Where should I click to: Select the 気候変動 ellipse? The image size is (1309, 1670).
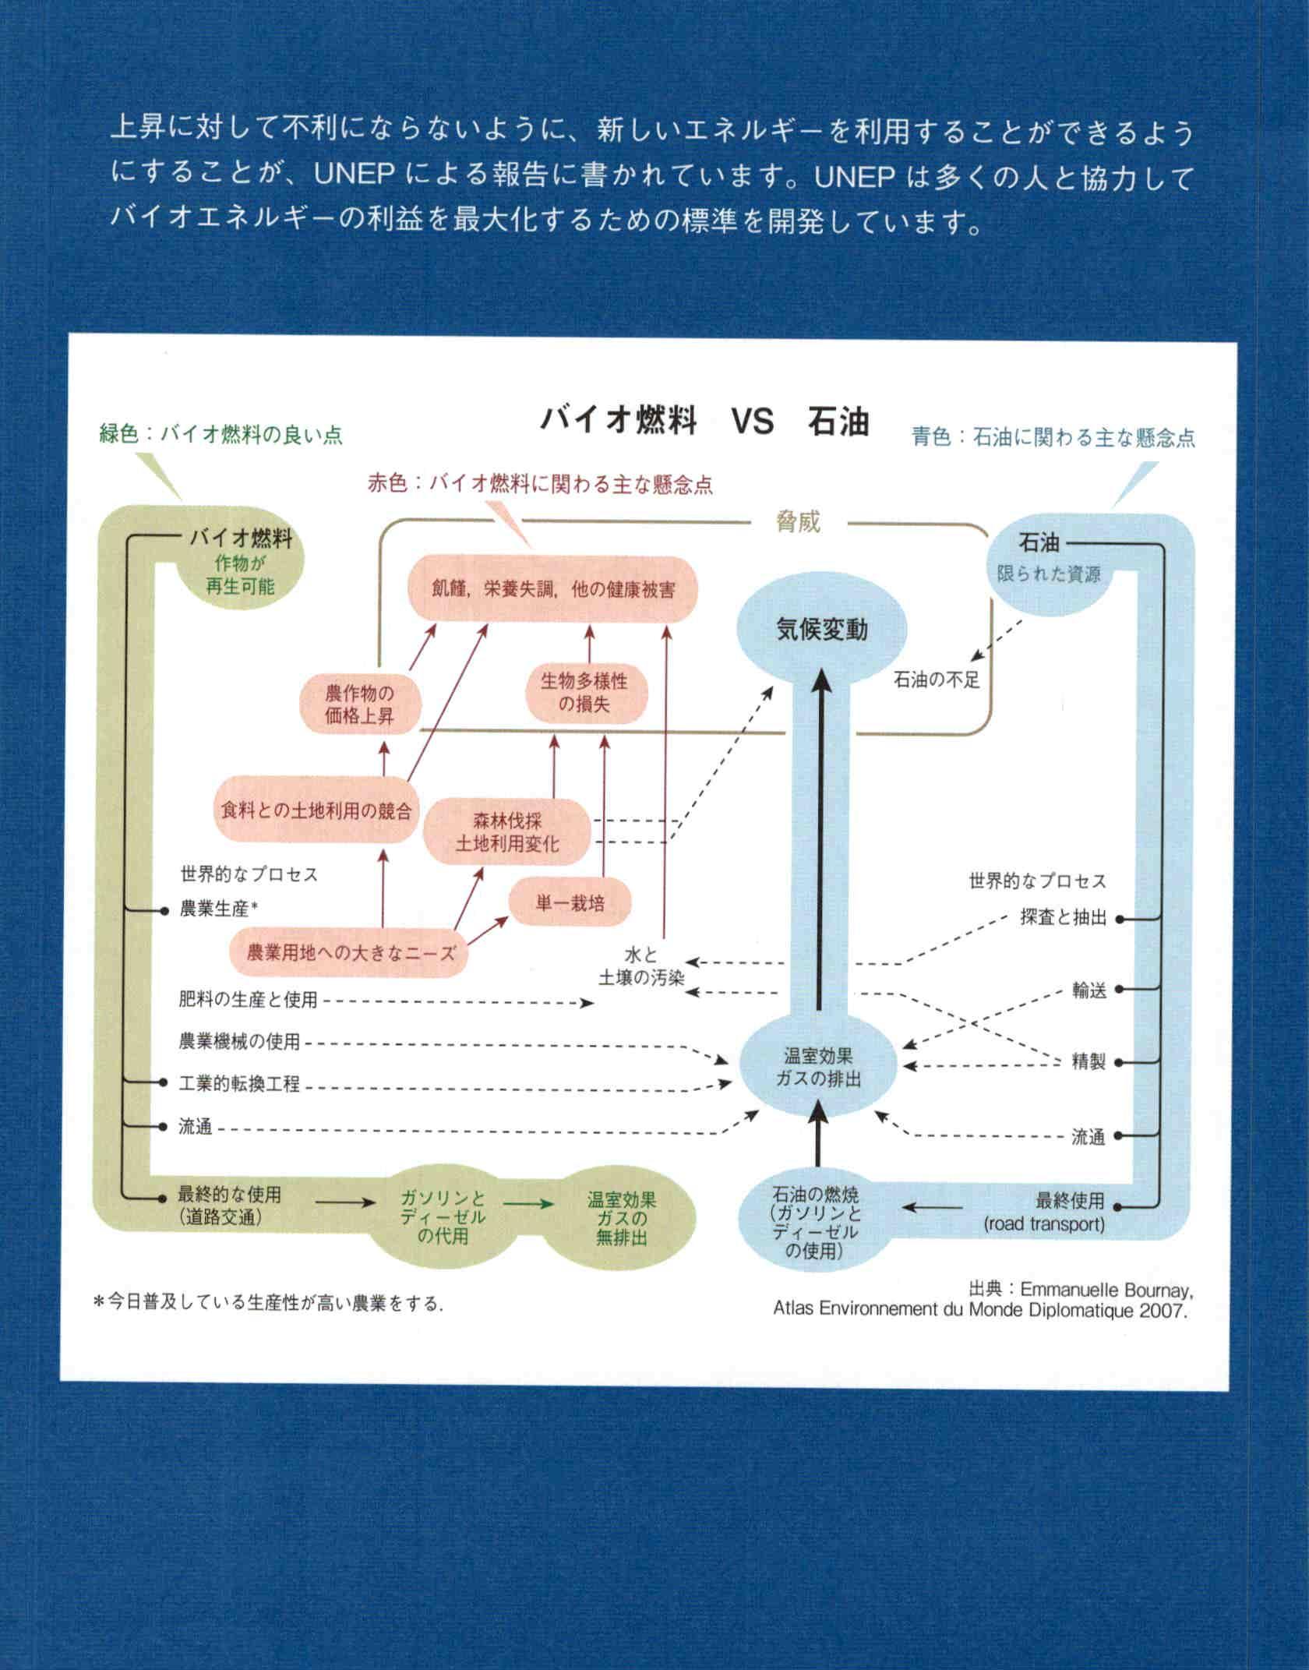(x=821, y=630)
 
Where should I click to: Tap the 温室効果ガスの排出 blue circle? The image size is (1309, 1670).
(x=818, y=1067)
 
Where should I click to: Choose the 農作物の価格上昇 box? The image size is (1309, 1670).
(x=360, y=704)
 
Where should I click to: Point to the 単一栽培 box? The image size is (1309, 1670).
(x=570, y=903)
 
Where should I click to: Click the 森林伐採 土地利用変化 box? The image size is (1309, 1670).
(x=507, y=831)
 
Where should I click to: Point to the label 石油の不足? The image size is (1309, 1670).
(x=936, y=680)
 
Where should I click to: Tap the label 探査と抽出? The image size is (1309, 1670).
(x=1064, y=917)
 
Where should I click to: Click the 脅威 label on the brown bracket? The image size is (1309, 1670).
(x=797, y=521)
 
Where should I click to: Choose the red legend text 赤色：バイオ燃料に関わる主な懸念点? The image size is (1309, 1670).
(x=540, y=485)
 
